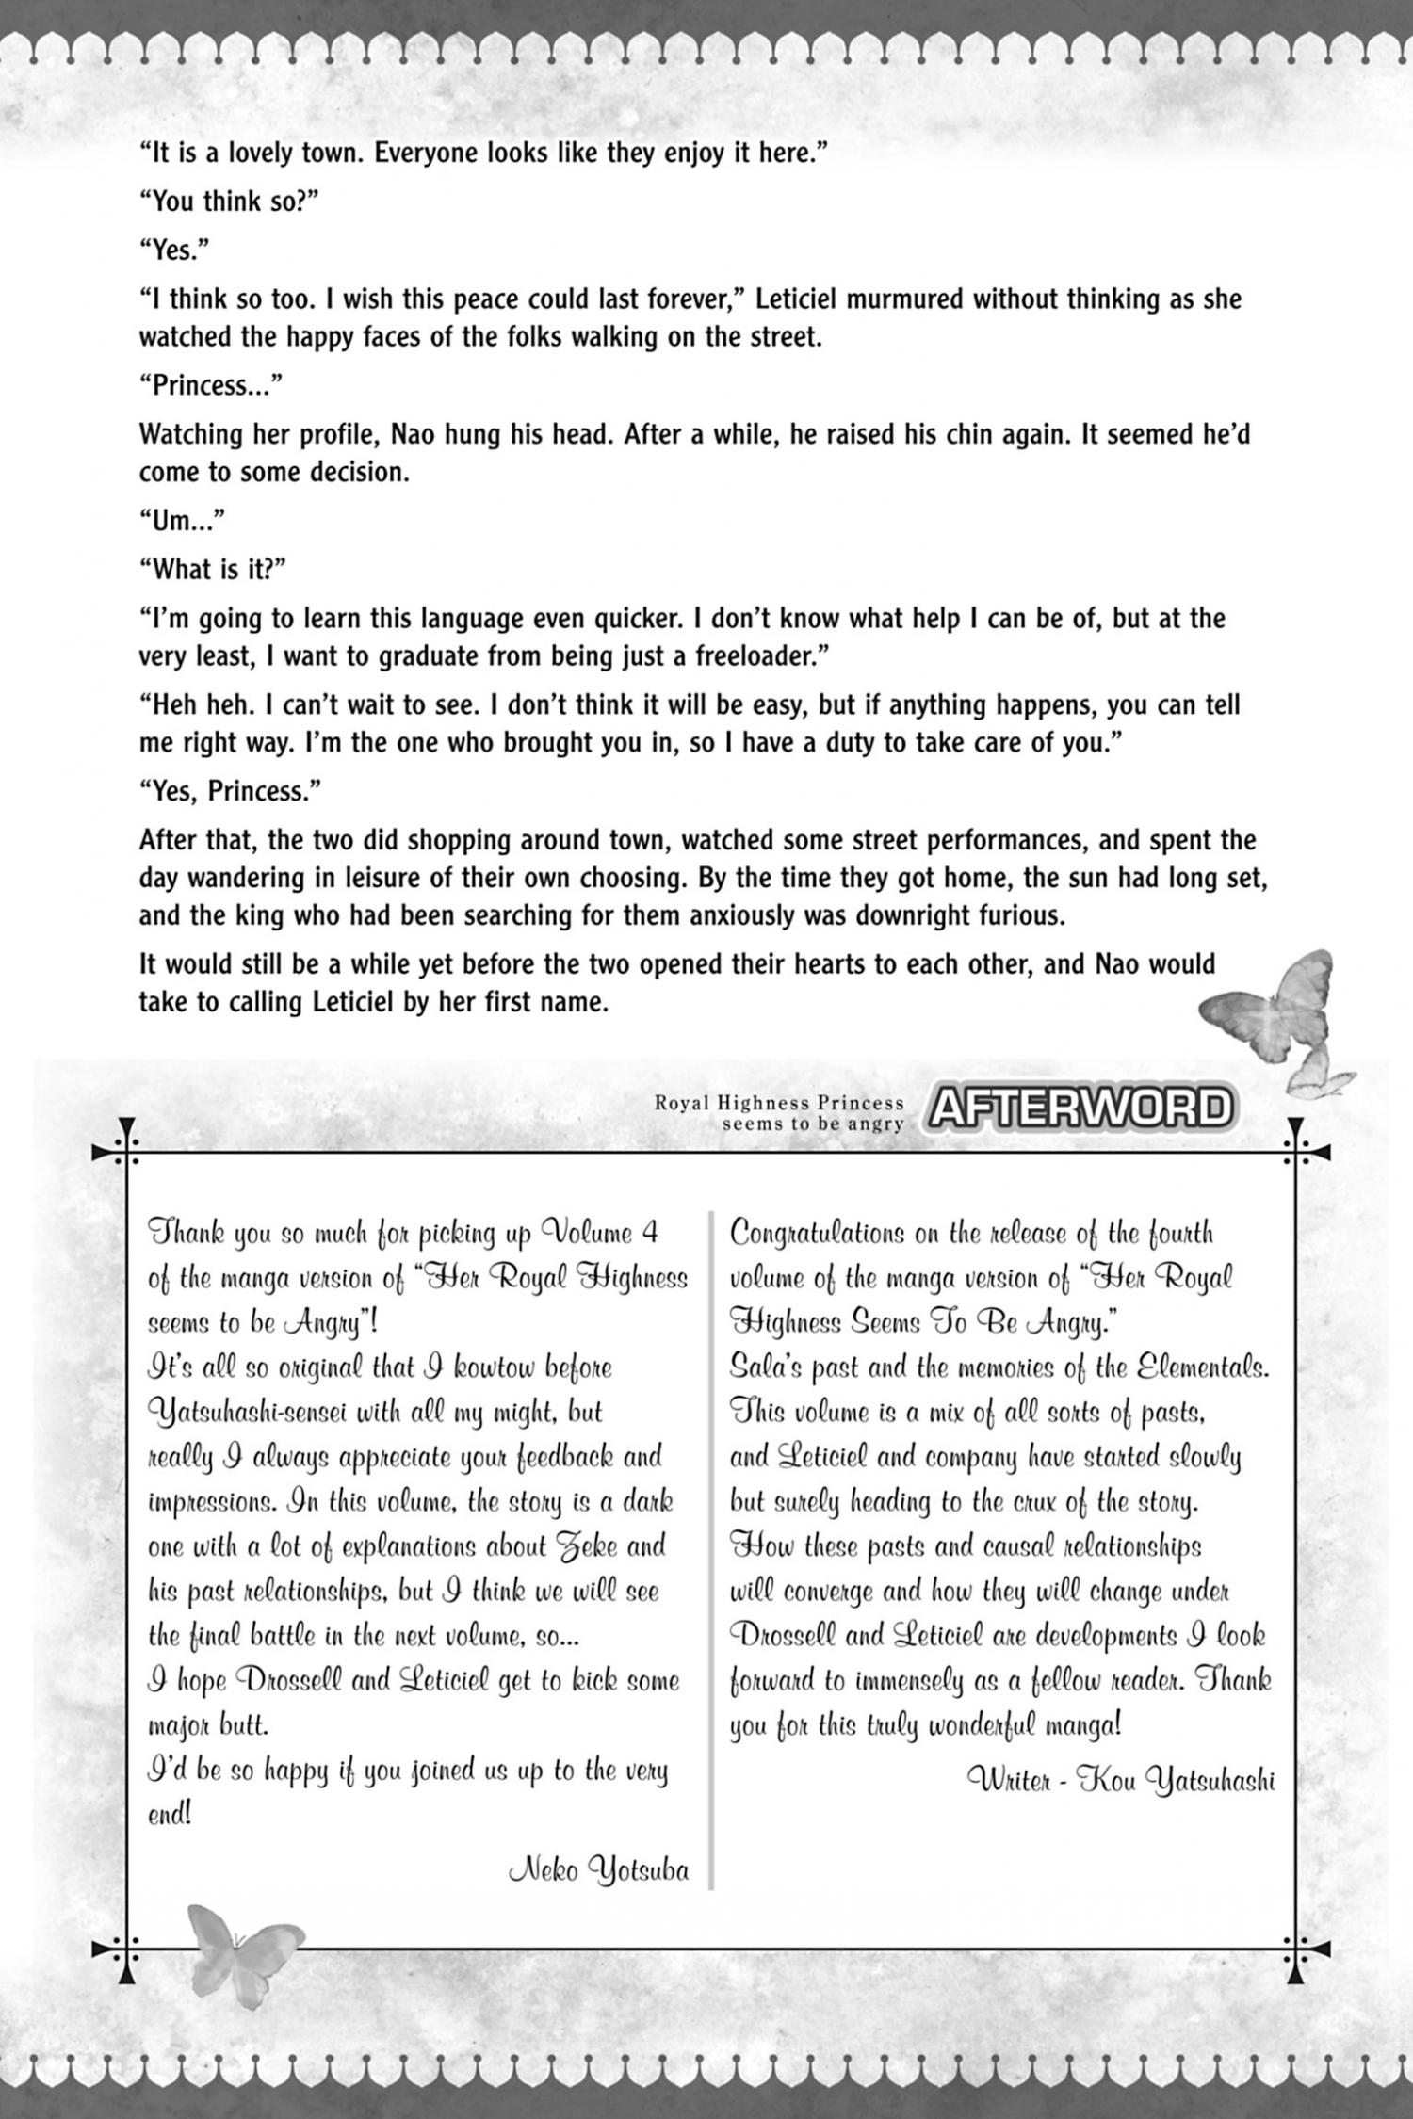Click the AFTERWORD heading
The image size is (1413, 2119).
[x=1080, y=1108]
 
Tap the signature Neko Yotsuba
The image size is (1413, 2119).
[x=598, y=1869]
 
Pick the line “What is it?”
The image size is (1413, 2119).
[x=213, y=570]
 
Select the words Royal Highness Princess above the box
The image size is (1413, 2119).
[x=779, y=1103]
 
